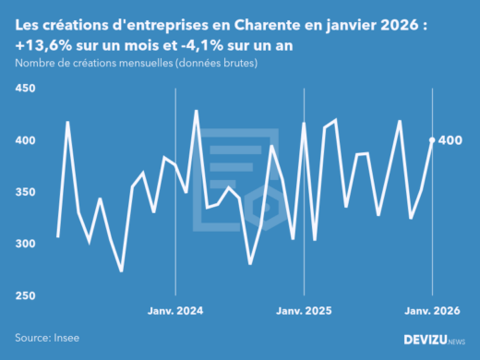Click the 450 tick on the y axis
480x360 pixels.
pyautogui.click(x=25, y=89)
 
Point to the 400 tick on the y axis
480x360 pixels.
pyautogui.click(x=25, y=140)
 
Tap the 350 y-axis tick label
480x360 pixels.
pyautogui.click(x=25, y=192)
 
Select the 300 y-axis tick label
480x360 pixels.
pyautogui.click(x=25, y=244)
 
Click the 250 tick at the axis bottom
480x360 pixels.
pyautogui.click(x=25, y=295)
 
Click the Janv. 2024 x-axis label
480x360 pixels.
pyautogui.click(x=175, y=311)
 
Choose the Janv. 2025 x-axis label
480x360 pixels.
pyautogui.click(x=305, y=311)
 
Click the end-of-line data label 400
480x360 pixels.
pyautogui.click(x=452, y=140)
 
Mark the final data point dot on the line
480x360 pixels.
pyautogui.click(x=433, y=140)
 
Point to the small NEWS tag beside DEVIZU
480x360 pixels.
pyautogui.click(x=456, y=342)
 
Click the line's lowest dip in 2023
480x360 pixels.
pyautogui.click(x=122, y=270)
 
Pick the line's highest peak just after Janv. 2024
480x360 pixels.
pyautogui.click(x=196, y=111)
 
